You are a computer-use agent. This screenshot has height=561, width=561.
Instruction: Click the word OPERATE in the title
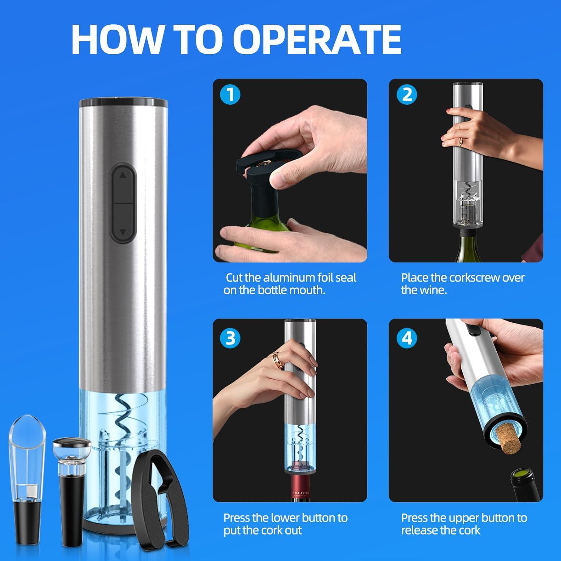tap(317, 39)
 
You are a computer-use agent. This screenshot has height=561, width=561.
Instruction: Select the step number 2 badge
tap(407, 95)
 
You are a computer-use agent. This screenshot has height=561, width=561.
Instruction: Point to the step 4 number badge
tap(407, 338)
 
